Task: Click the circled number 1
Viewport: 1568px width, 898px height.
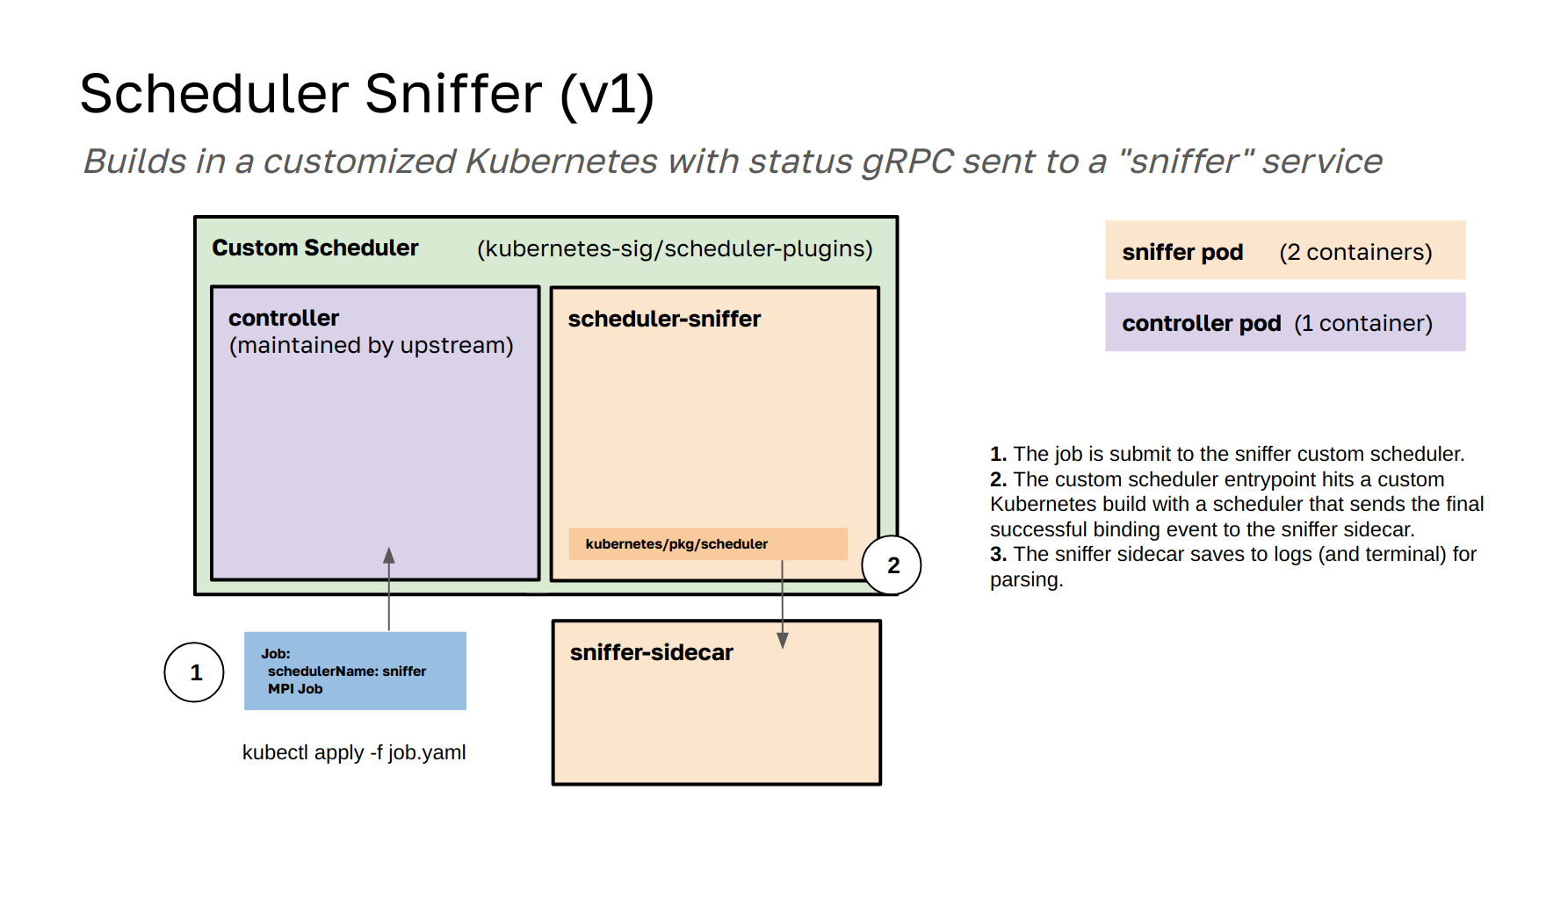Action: pos(194,672)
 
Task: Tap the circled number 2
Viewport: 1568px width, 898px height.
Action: pos(892,565)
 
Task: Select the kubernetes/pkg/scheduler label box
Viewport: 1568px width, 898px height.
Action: pos(707,544)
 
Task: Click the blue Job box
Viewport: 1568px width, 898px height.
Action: pos(355,672)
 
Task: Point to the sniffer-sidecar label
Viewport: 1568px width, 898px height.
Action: pos(651,653)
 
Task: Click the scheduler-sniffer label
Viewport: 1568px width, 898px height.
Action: pos(664,319)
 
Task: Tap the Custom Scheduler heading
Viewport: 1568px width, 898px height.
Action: pos(315,248)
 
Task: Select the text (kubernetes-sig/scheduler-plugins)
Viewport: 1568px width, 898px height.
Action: pos(675,249)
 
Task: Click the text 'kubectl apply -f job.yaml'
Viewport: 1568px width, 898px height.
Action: pos(354,752)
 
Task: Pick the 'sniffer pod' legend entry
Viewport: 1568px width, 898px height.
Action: pos(1182,252)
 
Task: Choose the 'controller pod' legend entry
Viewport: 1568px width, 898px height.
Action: pos(1201,323)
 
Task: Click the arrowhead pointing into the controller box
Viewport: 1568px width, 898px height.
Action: pos(389,556)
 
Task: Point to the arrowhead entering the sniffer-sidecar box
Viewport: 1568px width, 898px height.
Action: pos(783,641)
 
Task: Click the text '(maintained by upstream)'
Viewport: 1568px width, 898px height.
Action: pos(371,345)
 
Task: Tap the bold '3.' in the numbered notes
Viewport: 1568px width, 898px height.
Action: pos(998,555)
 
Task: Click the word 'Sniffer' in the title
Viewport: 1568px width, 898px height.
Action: pos(453,94)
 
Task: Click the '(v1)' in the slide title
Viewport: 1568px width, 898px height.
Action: pos(607,94)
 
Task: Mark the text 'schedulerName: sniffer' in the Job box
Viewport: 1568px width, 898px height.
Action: pos(347,672)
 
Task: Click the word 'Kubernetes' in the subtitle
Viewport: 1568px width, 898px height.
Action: pos(561,162)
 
